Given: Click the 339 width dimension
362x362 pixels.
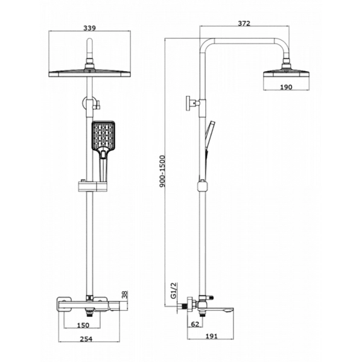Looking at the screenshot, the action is tap(89, 28).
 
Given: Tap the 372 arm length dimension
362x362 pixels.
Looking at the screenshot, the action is tap(244, 24).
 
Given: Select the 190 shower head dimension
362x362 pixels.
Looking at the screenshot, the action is tap(286, 87).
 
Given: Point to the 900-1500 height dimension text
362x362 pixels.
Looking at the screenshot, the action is tap(163, 171).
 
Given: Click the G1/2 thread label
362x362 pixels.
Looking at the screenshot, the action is tap(173, 290).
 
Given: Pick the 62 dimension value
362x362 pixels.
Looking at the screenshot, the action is tap(195, 324).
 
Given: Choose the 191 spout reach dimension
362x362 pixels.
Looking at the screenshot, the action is tap(212, 336).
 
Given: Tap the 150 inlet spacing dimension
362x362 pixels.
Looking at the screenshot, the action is tap(83, 325).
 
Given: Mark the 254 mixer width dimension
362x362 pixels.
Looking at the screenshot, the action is tap(86, 339).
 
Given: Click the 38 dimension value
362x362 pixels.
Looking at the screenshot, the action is tap(125, 295).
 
